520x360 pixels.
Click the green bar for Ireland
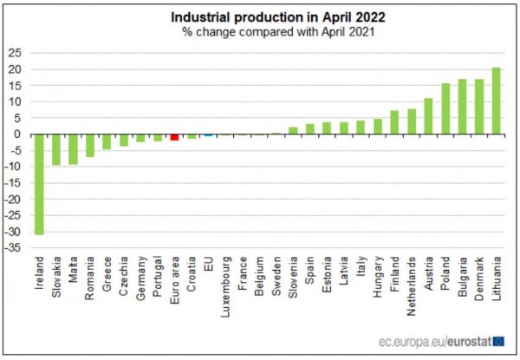point(38,184)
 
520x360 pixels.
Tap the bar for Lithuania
point(496,101)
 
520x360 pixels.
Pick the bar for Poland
point(445,108)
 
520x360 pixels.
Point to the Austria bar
point(428,116)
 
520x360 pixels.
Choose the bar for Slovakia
point(55,149)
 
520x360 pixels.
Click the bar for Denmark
point(479,107)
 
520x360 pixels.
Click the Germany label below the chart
point(140,278)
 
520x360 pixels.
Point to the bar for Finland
point(394,122)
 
